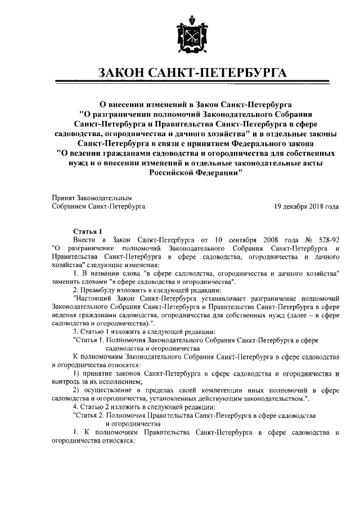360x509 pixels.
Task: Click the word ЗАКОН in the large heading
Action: (121, 74)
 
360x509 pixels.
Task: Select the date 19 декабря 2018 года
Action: (307, 206)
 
